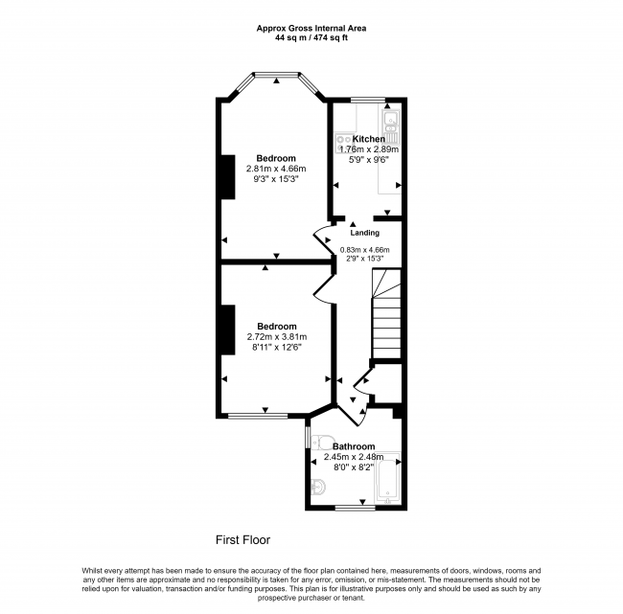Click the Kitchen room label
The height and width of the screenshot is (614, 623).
[369, 139]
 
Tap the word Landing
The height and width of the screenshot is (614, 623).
[365, 233]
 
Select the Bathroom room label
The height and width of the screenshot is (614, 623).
[354, 446]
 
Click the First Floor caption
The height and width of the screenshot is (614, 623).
[242, 539]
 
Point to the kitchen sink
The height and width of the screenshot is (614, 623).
[390, 124]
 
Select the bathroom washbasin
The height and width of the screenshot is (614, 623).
[318, 487]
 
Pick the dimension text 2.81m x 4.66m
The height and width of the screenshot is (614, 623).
[276, 169]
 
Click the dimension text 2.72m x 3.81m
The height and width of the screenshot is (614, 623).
[277, 337]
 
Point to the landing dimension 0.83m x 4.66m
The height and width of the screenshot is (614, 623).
[365, 250]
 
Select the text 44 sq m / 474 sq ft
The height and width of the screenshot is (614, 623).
[311, 38]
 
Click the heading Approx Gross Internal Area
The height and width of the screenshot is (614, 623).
[311, 28]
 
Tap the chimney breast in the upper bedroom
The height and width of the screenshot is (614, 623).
[228, 177]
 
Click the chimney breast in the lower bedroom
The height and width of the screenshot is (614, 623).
[228, 330]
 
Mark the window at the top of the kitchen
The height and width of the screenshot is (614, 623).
[368, 100]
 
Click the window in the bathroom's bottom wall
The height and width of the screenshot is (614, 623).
[356, 508]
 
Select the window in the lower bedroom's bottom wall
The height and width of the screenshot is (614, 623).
[258, 416]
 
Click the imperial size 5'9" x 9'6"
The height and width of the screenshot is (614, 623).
[369, 160]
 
